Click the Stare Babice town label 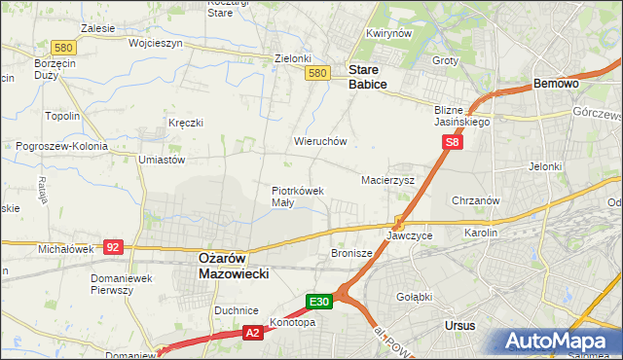[x=368, y=77]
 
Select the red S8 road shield [x=452, y=142]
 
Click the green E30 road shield [x=321, y=302]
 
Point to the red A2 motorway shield [x=252, y=333]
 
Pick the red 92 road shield [x=112, y=247]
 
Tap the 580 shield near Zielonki [x=315, y=73]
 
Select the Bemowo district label [x=557, y=85]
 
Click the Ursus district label [x=458, y=325]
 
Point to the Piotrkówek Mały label [x=297, y=197]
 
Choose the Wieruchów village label [x=320, y=141]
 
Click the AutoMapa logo [x=558, y=342]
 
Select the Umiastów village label [x=162, y=159]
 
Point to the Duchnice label [x=236, y=309]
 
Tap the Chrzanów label [x=476, y=200]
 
